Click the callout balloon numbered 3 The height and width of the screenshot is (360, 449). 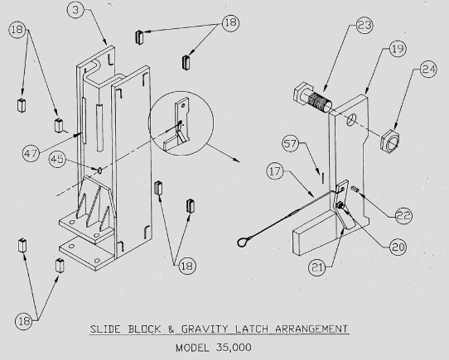tap(75, 10)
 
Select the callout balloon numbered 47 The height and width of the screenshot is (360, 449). tap(31, 153)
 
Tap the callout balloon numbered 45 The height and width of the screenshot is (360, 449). tap(57, 159)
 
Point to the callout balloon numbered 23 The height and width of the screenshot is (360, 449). tap(365, 25)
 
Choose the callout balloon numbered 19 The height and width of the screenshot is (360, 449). tap(398, 49)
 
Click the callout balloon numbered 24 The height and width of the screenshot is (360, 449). tap(428, 70)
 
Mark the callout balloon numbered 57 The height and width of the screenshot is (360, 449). tap(291, 143)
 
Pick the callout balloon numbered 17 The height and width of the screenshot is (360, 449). tap(275, 171)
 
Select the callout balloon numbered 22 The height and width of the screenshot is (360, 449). tap(403, 215)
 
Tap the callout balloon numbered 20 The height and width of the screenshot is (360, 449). tap(398, 247)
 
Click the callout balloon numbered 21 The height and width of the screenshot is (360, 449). tap(316, 267)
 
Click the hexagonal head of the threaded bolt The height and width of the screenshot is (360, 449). tap(302, 94)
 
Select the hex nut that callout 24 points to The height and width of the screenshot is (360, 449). tap(389, 142)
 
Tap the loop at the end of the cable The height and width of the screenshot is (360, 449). tap(243, 242)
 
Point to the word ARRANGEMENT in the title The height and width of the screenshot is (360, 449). tap(311, 329)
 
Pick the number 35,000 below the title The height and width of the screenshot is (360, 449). tap(234, 348)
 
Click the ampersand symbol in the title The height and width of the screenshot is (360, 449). tap(171, 329)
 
